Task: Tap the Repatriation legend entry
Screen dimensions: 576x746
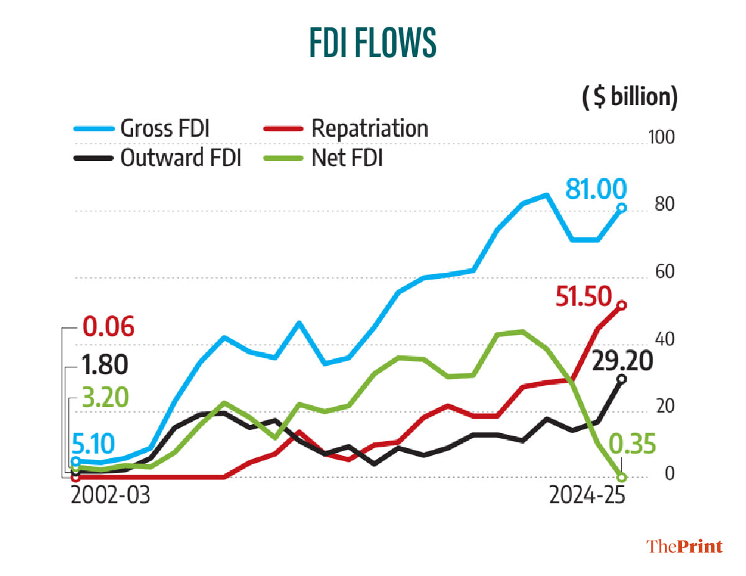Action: pyautogui.click(x=369, y=129)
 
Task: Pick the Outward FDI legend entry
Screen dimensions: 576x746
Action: pyautogui.click(x=181, y=158)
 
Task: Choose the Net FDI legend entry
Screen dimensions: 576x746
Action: pyautogui.click(x=346, y=158)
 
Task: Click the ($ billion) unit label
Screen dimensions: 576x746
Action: pyautogui.click(x=629, y=98)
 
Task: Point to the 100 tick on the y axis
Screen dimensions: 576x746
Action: pyautogui.click(x=663, y=138)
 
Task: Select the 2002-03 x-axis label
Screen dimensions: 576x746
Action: pyautogui.click(x=111, y=497)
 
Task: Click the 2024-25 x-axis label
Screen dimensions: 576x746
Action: pyautogui.click(x=587, y=497)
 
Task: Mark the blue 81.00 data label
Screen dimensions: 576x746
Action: pyautogui.click(x=596, y=187)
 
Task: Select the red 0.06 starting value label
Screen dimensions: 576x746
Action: pyautogui.click(x=108, y=327)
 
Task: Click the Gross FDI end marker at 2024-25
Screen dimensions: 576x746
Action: pyautogui.click(x=622, y=208)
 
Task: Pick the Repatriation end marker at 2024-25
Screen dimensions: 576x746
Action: pyautogui.click(x=622, y=305)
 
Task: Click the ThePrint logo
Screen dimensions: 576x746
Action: pyautogui.click(x=684, y=546)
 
